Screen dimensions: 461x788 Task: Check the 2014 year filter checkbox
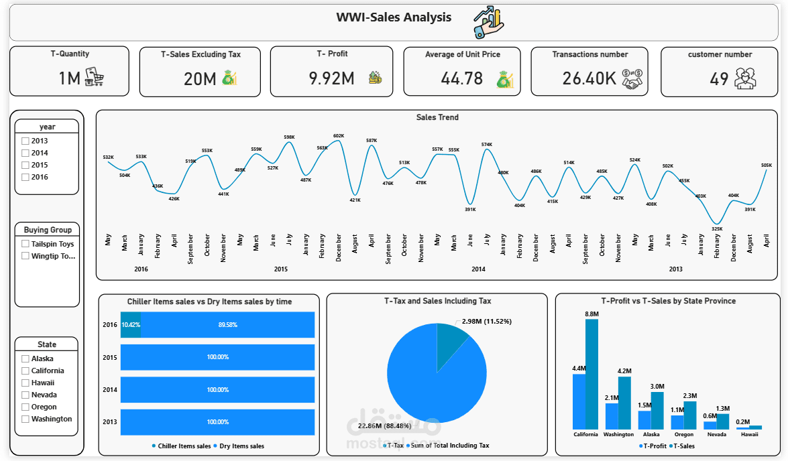(x=25, y=153)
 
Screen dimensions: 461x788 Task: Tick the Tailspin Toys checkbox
(x=25, y=244)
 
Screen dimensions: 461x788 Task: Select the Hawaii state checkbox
(x=25, y=383)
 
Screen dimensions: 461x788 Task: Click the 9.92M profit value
(x=331, y=78)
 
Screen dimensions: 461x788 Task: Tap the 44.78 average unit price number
(x=461, y=78)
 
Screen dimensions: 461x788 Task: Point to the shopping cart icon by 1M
(x=95, y=78)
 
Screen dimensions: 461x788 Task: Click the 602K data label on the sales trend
(x=339, y=136)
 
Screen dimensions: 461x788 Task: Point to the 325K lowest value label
(x=717, y=228)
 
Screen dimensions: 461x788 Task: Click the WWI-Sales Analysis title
(x=394, y=17)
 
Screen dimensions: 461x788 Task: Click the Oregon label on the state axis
(x=684, y=434)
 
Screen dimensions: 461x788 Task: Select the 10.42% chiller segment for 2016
(x=130, y=324)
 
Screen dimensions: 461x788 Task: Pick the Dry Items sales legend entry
(x=241, y=446)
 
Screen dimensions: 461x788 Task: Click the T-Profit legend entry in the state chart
(x=653, y=446)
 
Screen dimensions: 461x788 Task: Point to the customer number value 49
(x=719, y=79)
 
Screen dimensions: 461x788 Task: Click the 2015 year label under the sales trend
(x=281, y=269)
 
